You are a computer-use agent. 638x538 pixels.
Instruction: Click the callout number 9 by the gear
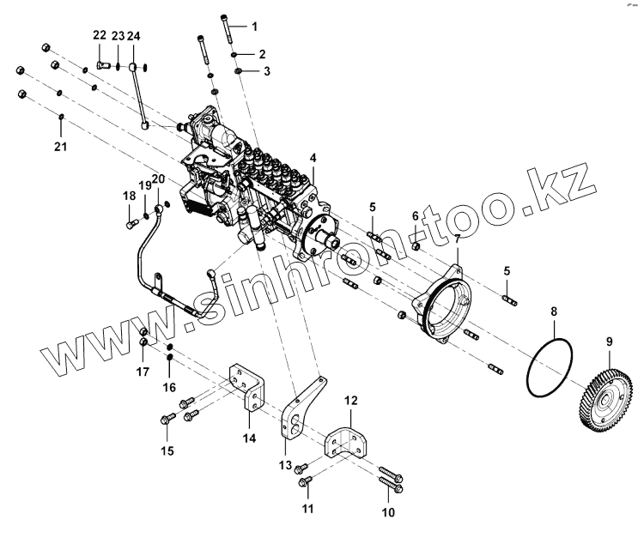tap(609, 342)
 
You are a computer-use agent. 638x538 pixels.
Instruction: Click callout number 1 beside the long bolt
tap(254, 26)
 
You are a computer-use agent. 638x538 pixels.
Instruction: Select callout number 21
tap(60, 147)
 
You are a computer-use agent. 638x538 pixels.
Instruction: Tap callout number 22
tap(100, 35)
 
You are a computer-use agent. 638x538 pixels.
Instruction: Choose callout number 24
tap(133, 35)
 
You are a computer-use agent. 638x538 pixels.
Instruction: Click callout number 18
tap(129, 196)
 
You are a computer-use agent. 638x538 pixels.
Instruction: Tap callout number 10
tap(388, 513)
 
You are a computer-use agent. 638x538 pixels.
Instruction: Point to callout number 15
tap(167, 450)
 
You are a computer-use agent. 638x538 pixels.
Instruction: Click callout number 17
tap(143, 372)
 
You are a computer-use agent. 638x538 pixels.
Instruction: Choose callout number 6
tap(416, 215)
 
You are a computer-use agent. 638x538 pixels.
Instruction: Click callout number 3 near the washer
tap(266, 71)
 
